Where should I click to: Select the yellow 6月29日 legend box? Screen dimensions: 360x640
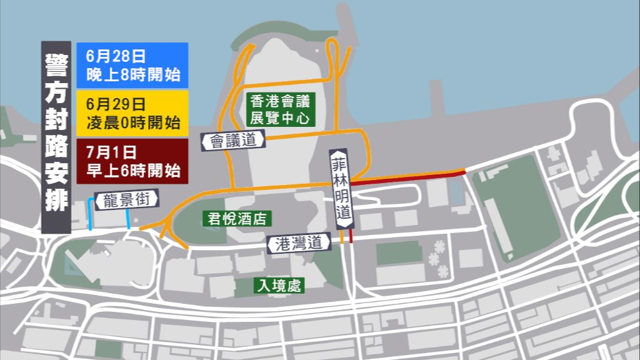[x=132, y=113]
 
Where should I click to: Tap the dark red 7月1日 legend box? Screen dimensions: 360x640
[x=132, y=161]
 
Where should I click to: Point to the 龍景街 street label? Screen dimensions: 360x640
[x=127, y=199]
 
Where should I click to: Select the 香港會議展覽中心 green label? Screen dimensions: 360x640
[x=280, y=109]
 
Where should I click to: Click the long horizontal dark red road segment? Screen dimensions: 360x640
[x=406, y=177]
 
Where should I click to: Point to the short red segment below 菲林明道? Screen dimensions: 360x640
[x=351, y=236]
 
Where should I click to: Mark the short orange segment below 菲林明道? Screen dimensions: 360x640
[x=342, y=236]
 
